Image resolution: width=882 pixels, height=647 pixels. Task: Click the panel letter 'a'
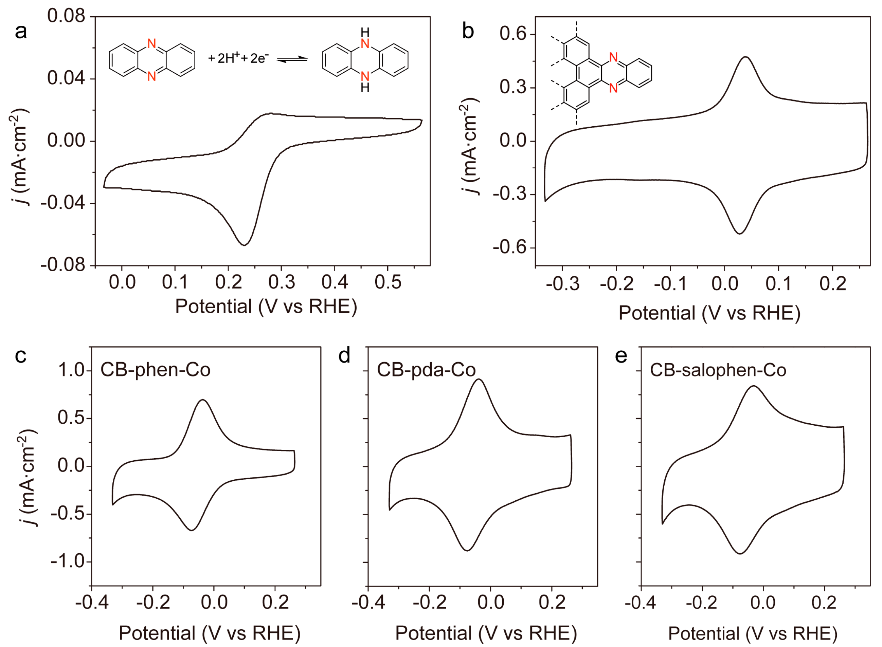pyautogui.click(x=21, y=31)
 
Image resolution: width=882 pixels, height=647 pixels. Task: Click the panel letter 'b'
pyautogui.click(x=468, y=31)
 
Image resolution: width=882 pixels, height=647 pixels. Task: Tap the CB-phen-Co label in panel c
pyautogui.click(x=156, y=370)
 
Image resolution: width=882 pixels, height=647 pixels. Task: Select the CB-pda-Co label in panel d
pyautogui.click(x=426, y=370)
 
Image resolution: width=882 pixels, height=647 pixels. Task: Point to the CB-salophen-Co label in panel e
pyautogui.click(x=718, y=370)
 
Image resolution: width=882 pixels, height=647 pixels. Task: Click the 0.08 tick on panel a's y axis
pyautogui.click(x=66, y=16)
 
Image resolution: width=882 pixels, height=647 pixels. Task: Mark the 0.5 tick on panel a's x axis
pyautogui.click(x=388, y=282)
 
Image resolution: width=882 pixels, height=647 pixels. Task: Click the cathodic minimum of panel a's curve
pyautogui.click(x=244, y=245)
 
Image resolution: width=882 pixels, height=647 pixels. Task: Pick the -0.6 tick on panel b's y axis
pyautogui.click(x=509, y=247)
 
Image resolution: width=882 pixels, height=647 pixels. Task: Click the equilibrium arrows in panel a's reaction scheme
pyautogui.click(x=292, y=59)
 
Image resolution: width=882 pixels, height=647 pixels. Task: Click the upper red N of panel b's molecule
pyautogui.click(x=613, y=58)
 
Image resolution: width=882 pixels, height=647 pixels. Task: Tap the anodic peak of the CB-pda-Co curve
pyautogui.click(x=479, y=379)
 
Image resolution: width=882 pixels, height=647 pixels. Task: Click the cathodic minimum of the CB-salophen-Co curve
pyautogui.click(x=740, y=553)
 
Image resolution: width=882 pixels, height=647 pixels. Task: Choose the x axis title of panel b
pyautogui.click(x=709, y=313)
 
